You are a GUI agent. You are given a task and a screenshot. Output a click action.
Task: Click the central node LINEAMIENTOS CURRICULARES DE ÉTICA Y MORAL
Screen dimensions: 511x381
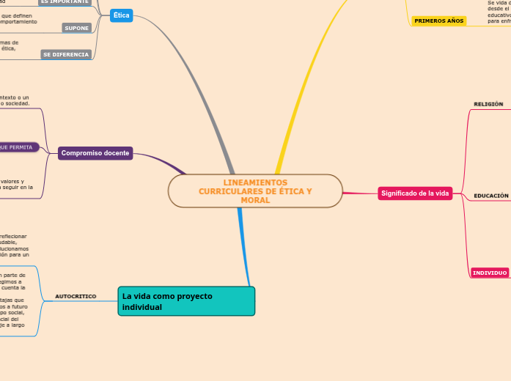(255, 191)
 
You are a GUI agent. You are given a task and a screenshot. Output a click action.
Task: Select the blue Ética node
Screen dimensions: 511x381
(121, 15)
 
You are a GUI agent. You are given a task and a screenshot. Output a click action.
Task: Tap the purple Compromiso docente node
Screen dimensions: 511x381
(95, 153)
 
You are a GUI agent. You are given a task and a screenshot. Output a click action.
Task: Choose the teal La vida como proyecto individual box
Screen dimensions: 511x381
(186, 301)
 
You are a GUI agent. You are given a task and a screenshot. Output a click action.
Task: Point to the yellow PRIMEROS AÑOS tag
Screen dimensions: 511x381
(438, 21)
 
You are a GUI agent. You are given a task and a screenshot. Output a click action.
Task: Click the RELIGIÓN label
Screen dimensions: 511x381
(488, 104)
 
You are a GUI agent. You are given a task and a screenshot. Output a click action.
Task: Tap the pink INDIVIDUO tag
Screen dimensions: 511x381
(490, 273)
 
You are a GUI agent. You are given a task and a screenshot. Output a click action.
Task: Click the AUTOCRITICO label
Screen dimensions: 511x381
(76, 296)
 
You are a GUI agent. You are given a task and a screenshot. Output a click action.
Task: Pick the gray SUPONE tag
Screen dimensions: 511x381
(76, 28)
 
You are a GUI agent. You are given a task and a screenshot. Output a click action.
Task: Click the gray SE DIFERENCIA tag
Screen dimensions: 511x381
(66, 54)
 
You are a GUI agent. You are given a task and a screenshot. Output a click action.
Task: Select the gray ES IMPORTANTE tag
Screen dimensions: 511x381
(64, 2)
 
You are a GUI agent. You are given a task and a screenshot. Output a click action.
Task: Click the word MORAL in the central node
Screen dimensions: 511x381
(255, 200)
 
